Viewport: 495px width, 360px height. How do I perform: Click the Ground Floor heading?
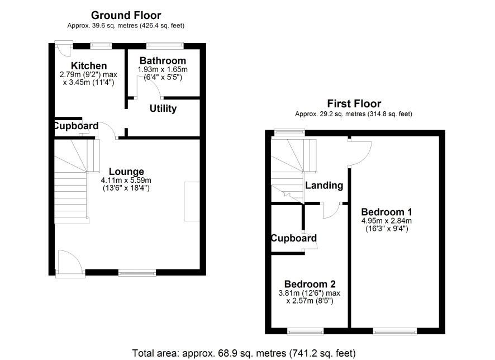[x=126, y=15]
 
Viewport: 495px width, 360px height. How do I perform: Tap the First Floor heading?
[x=354, y=103]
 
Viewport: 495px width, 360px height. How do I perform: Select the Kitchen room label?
[x=89, y=66]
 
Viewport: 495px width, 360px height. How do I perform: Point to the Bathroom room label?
[x=163, y=60]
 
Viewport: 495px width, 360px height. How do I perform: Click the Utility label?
[x=163, y=108]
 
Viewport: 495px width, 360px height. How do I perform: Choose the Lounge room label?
[x=126, y=172]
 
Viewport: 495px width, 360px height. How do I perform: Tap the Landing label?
[x=324, y=186]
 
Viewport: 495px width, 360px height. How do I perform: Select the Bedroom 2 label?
[x=310, y=284]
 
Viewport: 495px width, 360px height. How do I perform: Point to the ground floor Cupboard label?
[x=76, y=126]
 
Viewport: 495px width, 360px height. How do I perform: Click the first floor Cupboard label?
[x=294, y=238]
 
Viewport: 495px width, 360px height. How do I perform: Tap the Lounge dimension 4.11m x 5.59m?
[x=126, y=181]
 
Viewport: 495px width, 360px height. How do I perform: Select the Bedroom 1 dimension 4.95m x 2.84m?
[x=387, y=221]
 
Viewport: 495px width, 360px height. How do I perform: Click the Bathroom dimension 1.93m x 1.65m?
[x=163, y=69]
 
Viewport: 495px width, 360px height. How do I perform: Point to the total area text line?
[x=244, y=353]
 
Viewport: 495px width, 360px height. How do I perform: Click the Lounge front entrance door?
[x=70, y=264]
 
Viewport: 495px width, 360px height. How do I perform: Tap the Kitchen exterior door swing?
[x=64, y=49]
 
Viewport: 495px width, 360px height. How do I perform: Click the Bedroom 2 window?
[x=305, y=331]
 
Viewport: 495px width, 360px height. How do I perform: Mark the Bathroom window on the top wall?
[x=165, y=46]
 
